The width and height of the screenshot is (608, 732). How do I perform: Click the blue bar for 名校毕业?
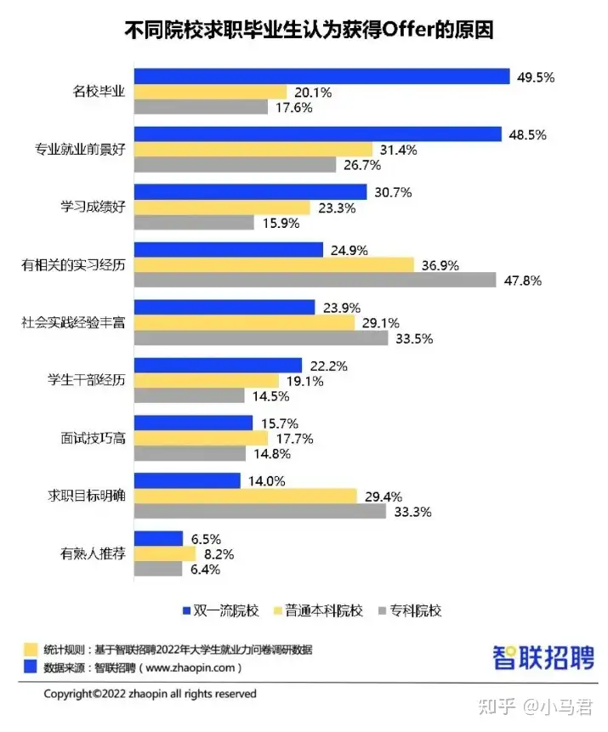tap(322, 77)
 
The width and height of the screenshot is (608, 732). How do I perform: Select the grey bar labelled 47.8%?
tap(315, 280)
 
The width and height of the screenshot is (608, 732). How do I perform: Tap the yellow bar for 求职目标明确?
tap(246, 496)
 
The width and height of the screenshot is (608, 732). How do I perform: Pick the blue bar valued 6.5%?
tap(159, 538)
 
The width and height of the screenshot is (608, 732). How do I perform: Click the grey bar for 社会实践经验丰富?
tap(260, 338)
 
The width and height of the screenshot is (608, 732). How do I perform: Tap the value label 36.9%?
tap(440, 265)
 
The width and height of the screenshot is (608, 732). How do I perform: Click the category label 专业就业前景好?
tap(80, 150)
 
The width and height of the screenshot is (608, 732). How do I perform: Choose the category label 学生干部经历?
tap(89, 380)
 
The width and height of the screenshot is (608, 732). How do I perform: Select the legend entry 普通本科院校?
tap(322, 610)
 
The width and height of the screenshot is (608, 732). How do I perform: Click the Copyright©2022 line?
tap(150, 694)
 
